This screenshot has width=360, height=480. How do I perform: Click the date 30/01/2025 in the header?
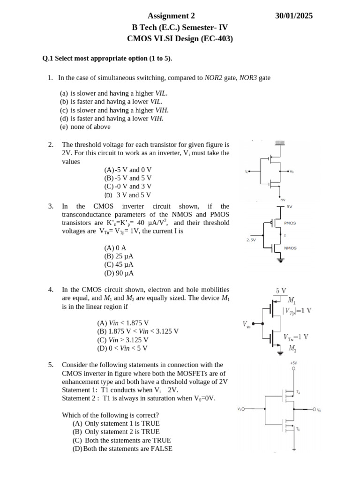[x=294, y=16]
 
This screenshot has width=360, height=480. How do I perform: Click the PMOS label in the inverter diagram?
[x=290, y=223]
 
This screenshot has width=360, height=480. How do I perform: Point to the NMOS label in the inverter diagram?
[x=290, y=248]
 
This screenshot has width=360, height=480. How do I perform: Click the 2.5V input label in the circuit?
[x=251, y=240]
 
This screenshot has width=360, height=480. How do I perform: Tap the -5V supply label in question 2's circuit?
[x=283, y=200]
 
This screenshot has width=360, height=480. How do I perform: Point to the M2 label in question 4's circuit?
[x=292, y=348]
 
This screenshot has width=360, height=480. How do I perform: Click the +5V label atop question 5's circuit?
[x=293, y=363]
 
